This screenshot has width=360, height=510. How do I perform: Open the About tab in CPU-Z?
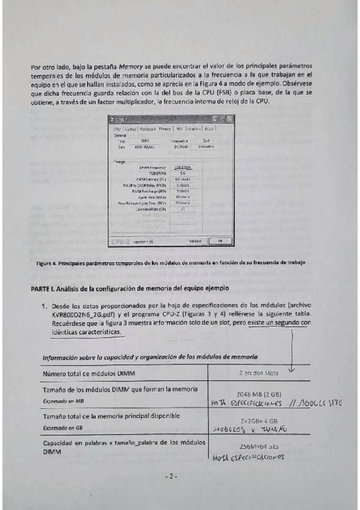(x=209, y=129)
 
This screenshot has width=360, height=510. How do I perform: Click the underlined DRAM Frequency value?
(x=183, y=167)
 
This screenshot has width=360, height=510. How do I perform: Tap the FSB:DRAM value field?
(x=183, y=173)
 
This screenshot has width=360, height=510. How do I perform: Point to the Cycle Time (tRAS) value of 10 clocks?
(x=183, y=197)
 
